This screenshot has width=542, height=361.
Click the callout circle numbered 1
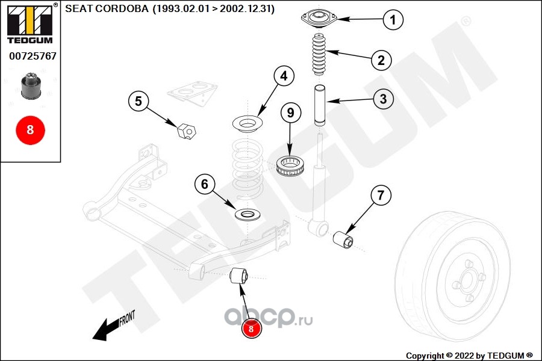pyautogui.click(x=393, y=20)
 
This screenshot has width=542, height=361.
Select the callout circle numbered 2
pyautogui.click(x=381, y=60)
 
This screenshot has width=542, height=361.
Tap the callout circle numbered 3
pyautogui.click(x=384, y=99)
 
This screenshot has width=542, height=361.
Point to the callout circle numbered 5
pyautogui.click(x=138, y=101)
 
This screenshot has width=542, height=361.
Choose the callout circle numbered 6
pyautogui.click(x=204, y=184)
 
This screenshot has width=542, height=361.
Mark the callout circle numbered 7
pyautogui.click(x=380, y=195)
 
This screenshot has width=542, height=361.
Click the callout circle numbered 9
pyautogui.click(x=290, y=112)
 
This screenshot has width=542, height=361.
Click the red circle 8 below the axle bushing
pyautogui.click(x=251, y=328)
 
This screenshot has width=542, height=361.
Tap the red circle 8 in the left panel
pyautogui.click(x=30, y=129)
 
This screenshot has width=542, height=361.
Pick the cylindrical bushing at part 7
pyautogui.click(x=344, y=237)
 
